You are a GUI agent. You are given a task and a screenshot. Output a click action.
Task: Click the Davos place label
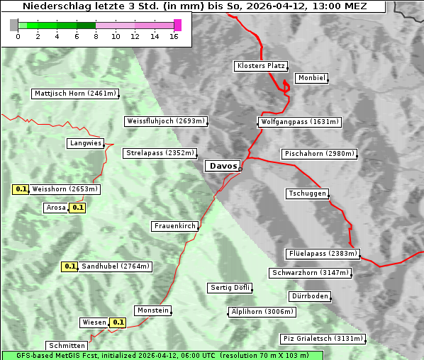[223, 166]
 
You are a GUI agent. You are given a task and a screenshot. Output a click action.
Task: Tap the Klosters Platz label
[260, 66]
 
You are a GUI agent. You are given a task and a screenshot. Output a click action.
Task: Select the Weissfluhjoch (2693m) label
[165, 121]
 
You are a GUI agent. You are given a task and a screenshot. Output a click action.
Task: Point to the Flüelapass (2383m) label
[323, 254]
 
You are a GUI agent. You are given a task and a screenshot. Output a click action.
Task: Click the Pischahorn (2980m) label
[318, 154]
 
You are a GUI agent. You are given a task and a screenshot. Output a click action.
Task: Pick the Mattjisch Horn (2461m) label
[75, 94]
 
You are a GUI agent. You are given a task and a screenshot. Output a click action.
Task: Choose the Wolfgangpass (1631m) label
[299, 122]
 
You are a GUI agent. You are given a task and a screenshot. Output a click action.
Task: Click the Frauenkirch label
[174, 226]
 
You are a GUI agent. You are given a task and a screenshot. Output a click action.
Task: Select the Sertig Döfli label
[230, 288]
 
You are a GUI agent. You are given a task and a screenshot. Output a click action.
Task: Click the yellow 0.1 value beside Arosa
[78, 208]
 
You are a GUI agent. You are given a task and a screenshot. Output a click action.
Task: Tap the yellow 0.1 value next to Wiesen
[118, 322]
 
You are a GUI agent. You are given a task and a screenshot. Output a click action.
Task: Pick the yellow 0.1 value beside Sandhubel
[69, 266]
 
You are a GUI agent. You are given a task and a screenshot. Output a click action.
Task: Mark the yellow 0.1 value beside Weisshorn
[21, 189]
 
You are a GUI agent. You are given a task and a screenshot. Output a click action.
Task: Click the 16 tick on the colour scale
[174, 36]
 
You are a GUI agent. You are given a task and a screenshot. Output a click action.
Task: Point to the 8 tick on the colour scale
[96, 36]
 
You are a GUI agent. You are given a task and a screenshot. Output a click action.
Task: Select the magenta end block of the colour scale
[177, 25]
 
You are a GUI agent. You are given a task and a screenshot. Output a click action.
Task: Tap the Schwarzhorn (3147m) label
[311, 273]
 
